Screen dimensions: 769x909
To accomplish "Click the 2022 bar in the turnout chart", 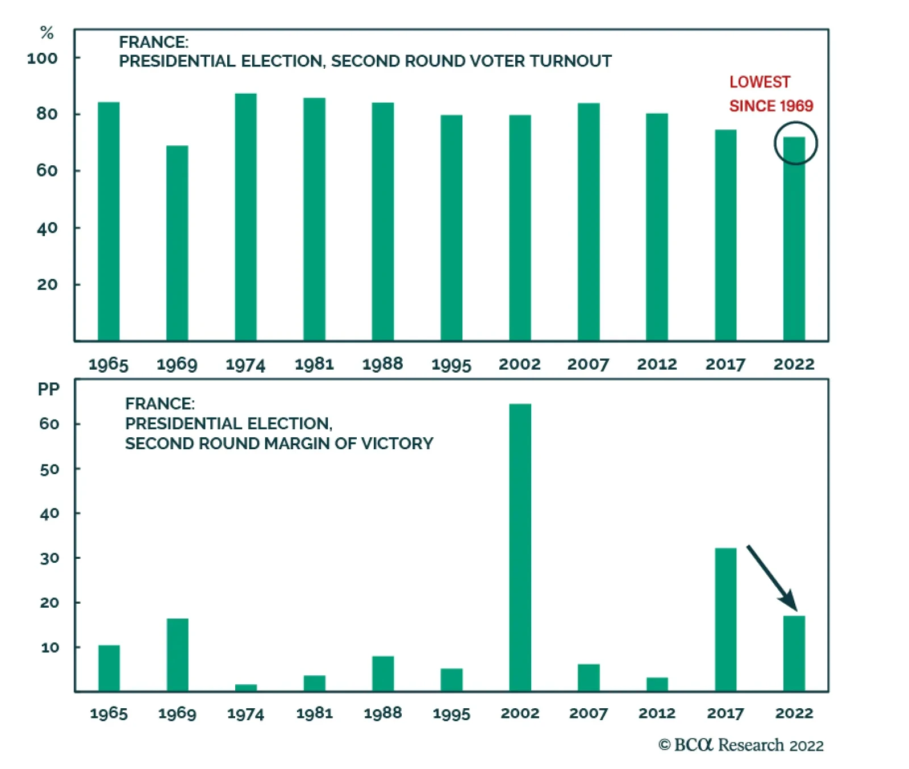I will [794, 239].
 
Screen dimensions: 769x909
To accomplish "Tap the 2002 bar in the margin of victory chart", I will [520, 548].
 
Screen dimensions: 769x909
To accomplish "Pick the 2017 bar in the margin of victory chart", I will [725, 620].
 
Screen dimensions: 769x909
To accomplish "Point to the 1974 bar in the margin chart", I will [246, 688].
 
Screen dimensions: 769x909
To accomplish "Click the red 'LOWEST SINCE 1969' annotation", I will [770, 94].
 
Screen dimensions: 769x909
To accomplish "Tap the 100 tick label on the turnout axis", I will [42, 58].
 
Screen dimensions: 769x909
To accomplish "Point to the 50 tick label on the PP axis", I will [49, 469].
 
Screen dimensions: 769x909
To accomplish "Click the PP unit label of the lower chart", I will [48, 389].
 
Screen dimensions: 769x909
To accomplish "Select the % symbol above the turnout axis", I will [47, 33].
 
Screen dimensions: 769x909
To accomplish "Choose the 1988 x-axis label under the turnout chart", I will [382, 364].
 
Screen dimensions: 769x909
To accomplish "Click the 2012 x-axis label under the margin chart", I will [657, 713].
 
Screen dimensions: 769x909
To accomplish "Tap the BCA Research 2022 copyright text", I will [741, 745].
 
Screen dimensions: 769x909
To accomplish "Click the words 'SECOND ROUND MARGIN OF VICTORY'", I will [279, 444].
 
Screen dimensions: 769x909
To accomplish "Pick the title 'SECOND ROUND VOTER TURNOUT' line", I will [365, 61].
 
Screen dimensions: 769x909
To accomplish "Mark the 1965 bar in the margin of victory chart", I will [109, 668].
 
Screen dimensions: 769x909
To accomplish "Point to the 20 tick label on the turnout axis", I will [47, 285].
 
